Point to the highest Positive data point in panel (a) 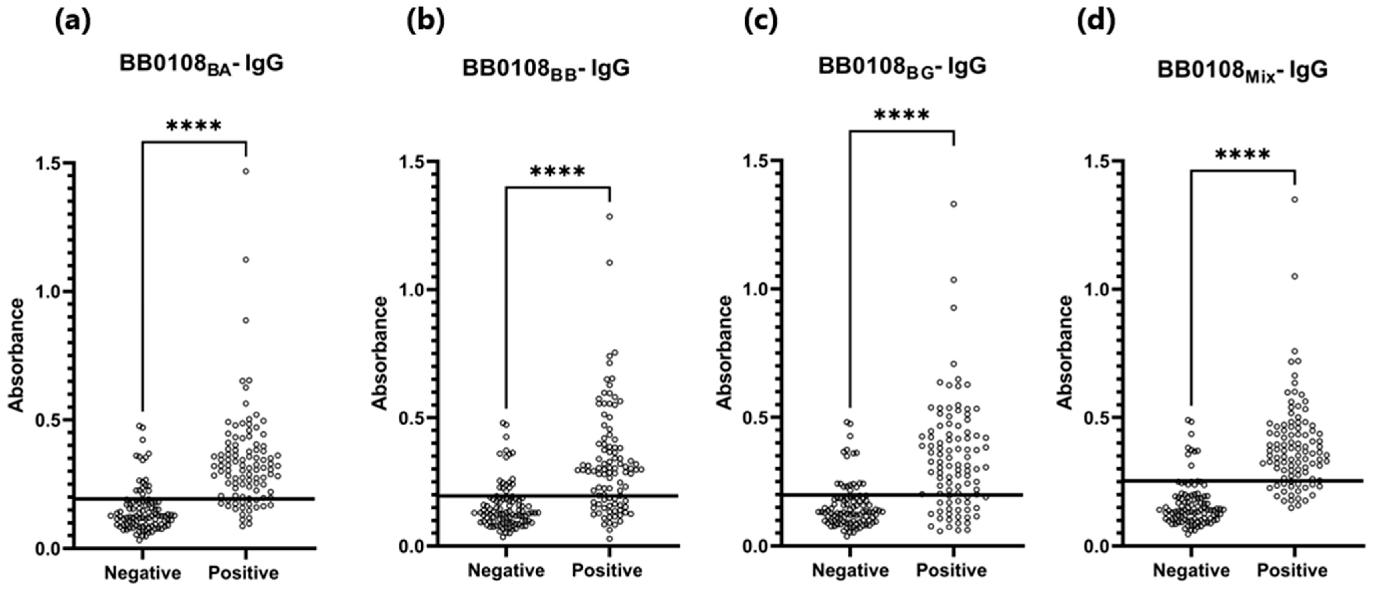point(246,171)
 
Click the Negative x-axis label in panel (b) point(506,571)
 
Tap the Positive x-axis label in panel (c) point(951,571)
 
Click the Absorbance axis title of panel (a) point(17,355)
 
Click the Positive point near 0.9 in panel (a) point(246,320)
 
